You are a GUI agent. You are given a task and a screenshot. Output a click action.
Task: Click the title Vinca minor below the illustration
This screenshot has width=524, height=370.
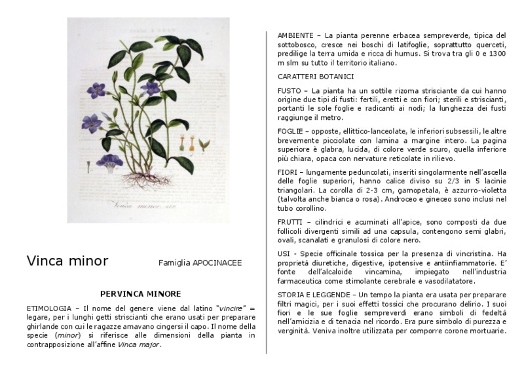tap(67, 261)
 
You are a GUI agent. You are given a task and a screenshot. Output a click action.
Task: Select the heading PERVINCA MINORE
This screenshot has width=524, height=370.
tap(140, 294)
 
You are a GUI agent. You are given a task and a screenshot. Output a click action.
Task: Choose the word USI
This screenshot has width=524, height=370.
tap(284, 253)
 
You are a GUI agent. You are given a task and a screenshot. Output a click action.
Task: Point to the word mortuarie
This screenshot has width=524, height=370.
tap(485, 331)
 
